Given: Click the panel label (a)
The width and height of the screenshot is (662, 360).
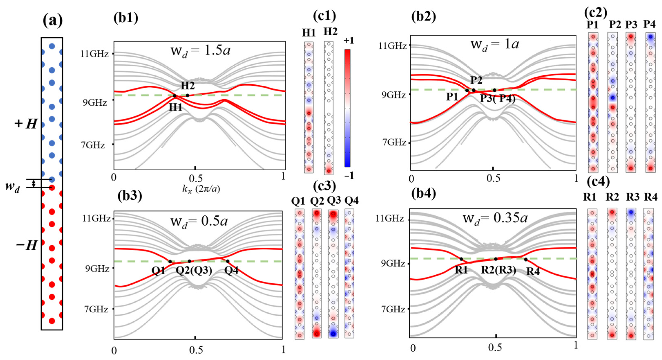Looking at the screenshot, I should tap(52, 21).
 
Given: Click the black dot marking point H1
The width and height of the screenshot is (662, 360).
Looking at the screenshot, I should tap(175, 96).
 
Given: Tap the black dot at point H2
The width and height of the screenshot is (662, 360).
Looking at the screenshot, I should tap(188, 95).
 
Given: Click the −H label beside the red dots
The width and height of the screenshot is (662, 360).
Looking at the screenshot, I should tap(27, 245).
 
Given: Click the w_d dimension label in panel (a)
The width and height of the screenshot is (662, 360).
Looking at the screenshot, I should tap(12, 187).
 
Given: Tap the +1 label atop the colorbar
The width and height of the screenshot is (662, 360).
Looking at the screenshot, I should tap(349, 41).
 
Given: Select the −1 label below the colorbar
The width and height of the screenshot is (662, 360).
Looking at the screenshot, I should tap(349, 176).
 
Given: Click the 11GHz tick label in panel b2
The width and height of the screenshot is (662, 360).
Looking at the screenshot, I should tap(393, 46).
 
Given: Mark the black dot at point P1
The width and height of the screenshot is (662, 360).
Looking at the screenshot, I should tap(467, 90).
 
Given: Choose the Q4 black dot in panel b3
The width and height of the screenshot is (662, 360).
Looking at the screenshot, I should tap(228, 261).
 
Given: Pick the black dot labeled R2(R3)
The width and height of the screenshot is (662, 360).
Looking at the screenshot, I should tap(496, 259).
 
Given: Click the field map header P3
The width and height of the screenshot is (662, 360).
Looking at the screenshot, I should tap(631, 25).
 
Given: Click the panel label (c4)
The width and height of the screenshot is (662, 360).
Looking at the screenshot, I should tap(598, 182).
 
